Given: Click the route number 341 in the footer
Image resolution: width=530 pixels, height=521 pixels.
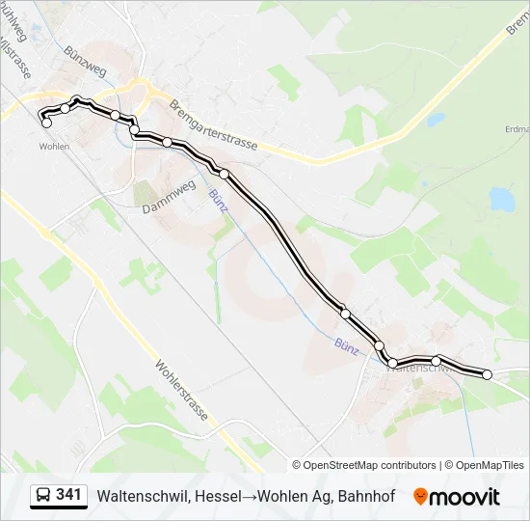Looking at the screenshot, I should point(68,495).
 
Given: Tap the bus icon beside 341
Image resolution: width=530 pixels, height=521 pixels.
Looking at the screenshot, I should point(43,496).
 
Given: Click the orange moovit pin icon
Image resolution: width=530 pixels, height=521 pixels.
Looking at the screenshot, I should point(420,497).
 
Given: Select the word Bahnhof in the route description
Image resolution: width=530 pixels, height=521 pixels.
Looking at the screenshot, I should point(369,496).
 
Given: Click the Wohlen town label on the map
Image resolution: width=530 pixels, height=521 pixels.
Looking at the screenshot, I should point(54,146).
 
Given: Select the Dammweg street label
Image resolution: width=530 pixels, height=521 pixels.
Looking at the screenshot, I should point(169,197).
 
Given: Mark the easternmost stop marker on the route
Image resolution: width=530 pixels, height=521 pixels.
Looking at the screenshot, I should point(487,374).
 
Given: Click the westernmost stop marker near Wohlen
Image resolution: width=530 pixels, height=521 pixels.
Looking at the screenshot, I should point(46,123).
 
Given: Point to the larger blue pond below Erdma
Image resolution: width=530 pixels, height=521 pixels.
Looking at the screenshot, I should point(501,200).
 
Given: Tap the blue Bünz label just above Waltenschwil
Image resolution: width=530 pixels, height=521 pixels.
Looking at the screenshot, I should point(347,344).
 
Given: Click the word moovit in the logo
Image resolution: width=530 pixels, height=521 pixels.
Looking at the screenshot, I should point(464,497).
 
